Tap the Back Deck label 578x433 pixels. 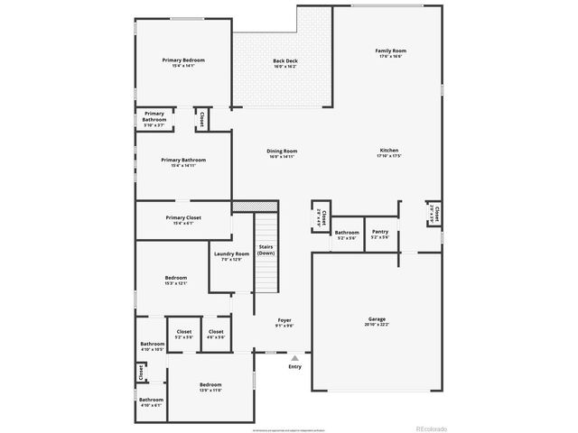(x=285, y=60)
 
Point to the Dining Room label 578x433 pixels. (x=282, y=151)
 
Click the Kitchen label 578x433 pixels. (x=388, y=151)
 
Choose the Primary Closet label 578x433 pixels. (x=183, y=217)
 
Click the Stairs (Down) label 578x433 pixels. (x=266, y=250)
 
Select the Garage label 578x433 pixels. (x=377, y=319)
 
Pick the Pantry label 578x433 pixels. (x=380, y=232)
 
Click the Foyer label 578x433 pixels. (x=284, y=319)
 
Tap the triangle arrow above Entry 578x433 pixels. (x=294, y=358)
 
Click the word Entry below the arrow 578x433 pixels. (x=294, y=367)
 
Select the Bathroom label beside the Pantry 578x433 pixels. (x=347, y=232)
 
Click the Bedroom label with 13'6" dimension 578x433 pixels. (x=210, y=385)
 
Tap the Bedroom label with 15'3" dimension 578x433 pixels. (x=176, y=277)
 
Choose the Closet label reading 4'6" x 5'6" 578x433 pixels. (x=216, y=332)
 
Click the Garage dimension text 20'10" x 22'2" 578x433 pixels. (x=377, y=326)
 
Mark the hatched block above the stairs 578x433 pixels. (x=241, y=207)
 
